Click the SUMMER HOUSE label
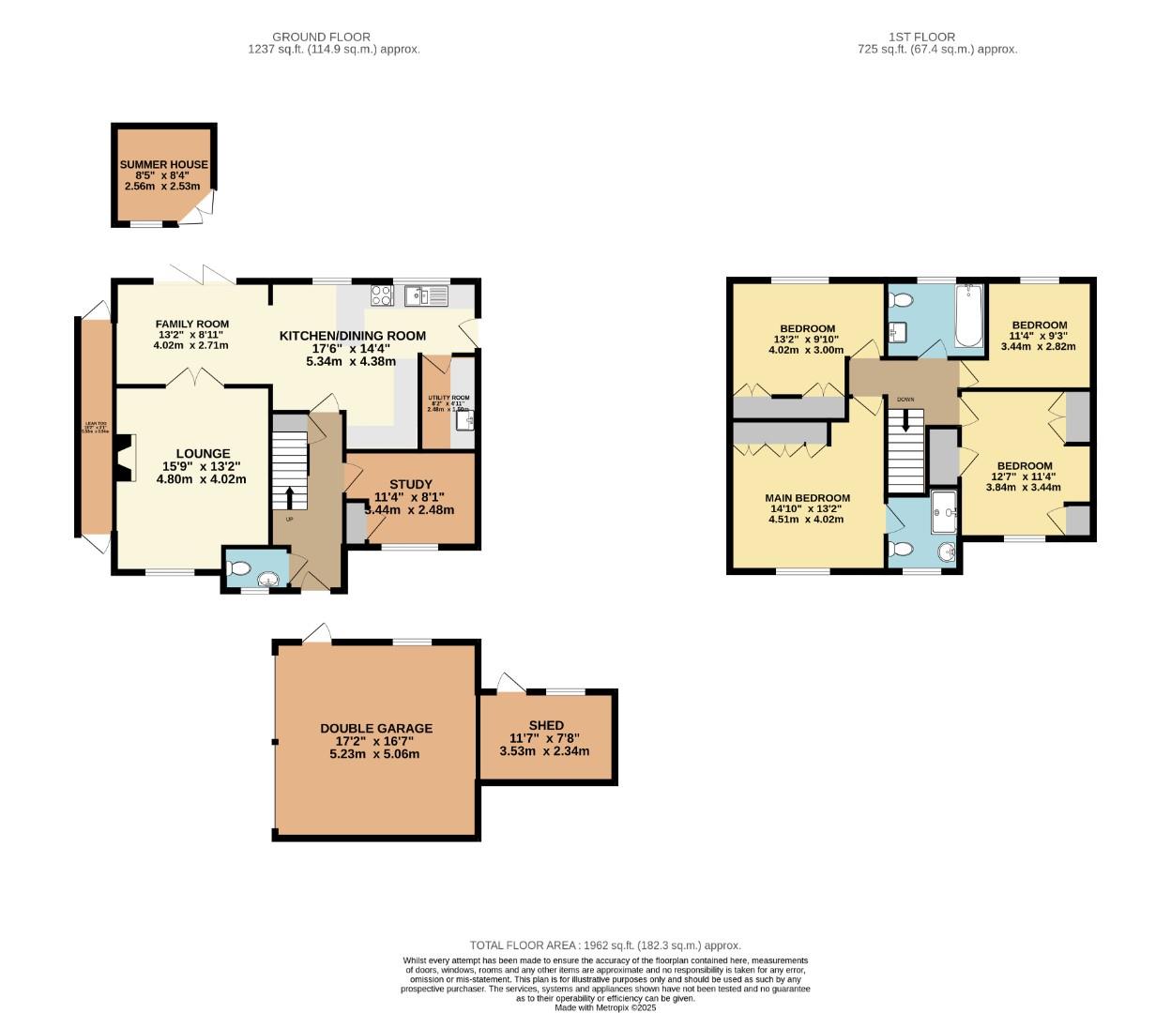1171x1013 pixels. (164, 165)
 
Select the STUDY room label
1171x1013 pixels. (411, 485)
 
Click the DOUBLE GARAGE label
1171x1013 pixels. (376, 728)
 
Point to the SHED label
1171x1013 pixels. (546, 725)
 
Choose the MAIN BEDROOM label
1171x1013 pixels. (807, 498)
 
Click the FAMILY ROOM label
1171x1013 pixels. (192, 325)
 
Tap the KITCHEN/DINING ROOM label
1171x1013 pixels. (353, 336)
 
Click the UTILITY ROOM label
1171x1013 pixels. (449, 399)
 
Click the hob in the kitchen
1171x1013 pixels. (382, 295)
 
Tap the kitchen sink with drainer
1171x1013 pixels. (427, 296)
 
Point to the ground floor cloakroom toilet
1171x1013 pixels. (239, 568)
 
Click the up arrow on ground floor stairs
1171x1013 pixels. (289, 495)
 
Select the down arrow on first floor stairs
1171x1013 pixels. (905, 422)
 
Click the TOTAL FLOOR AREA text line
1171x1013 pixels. (605, 945)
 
